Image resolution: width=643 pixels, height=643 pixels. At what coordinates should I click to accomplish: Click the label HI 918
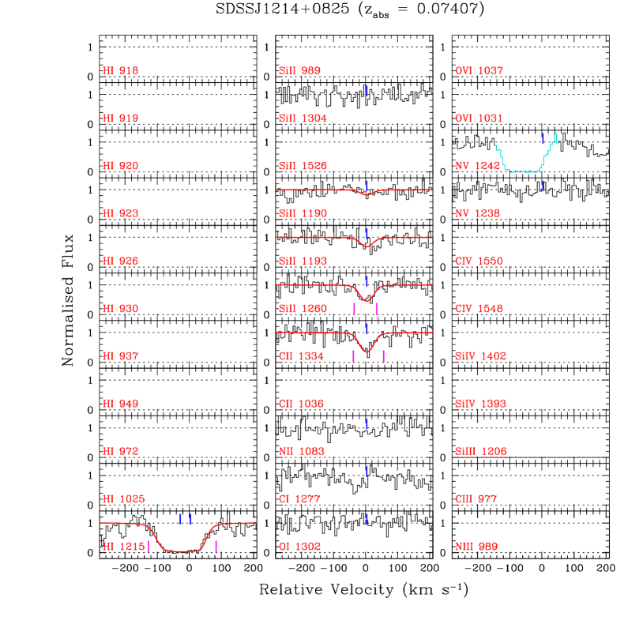[120, 71]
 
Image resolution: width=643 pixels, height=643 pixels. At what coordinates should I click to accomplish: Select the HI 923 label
[120, 214]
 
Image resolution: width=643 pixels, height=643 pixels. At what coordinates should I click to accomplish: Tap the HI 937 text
[120, 356]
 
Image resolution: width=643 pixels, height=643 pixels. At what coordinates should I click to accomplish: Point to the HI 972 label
[120, 452]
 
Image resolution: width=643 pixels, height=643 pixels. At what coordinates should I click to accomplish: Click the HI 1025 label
[123, 499]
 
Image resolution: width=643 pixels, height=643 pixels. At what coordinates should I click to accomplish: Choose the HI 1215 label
[123, 547]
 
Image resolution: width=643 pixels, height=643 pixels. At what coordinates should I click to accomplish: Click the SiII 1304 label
[303, 118]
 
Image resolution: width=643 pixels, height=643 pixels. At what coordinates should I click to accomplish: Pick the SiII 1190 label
[303, 214]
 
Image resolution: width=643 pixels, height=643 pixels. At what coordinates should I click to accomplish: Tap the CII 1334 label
[301, 356]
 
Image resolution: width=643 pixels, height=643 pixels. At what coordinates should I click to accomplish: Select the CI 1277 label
[299, 499]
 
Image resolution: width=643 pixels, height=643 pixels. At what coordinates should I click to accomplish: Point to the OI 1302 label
[299, 547]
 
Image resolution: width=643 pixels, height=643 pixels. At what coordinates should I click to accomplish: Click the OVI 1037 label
[479, 71]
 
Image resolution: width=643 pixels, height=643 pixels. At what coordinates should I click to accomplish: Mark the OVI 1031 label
[479, 118]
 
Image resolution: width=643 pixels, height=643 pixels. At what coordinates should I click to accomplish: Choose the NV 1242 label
[477, 167]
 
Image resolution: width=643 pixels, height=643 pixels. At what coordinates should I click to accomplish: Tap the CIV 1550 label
[479, 261]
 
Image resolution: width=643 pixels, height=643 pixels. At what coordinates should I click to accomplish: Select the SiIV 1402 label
[480, 356]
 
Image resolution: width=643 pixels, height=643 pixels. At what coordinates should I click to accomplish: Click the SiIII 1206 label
[480, 452]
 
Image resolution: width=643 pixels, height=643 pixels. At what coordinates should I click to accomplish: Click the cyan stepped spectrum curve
[521, 171]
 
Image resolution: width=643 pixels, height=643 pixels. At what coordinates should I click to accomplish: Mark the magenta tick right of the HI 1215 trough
[216, 547]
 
